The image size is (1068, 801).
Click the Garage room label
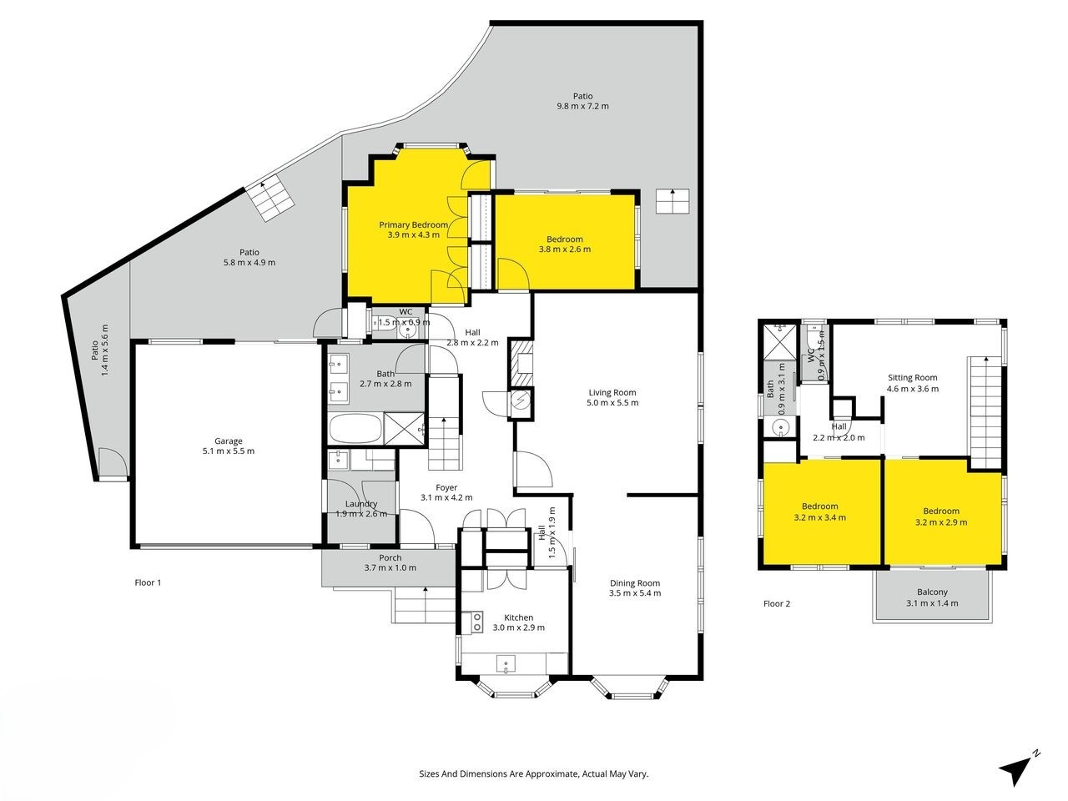tap(228, 441)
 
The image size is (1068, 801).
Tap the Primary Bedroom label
tap(413, 224)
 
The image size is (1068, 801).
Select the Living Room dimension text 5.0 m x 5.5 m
tap(612, 402)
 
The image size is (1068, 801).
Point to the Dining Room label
tap(634, 582)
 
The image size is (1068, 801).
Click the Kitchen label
tap(518, 617)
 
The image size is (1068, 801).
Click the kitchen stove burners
tap(477, 622)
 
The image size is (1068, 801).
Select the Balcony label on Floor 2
tap(932, 592)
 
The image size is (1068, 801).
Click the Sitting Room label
tap(912, 377)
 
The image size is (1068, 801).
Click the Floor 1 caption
tap(148, 582)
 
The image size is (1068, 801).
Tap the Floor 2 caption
tap(777, 603)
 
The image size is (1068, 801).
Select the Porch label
tap(390, 558)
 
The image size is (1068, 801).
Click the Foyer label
tap(446, 487)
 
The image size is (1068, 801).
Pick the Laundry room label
tap(361, 504)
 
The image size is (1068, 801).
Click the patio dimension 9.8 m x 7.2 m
tap(582, 106)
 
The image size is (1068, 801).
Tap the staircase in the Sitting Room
tap(985, 413)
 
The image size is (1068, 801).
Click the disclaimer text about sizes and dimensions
tap(534, 773)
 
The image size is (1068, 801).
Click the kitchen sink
tap(506, 662)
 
